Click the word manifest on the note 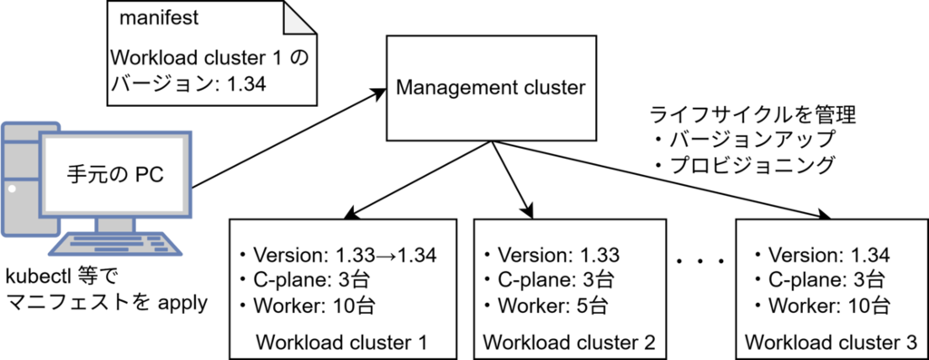[x=159, y=18]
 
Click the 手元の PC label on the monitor [x=114, y=176]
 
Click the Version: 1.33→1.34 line [x=337, y=255]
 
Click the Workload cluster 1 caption [x=341, y=342]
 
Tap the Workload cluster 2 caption [x=570, y=342]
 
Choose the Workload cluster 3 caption [x=831, y=342]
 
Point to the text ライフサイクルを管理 [x=752, y=114]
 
